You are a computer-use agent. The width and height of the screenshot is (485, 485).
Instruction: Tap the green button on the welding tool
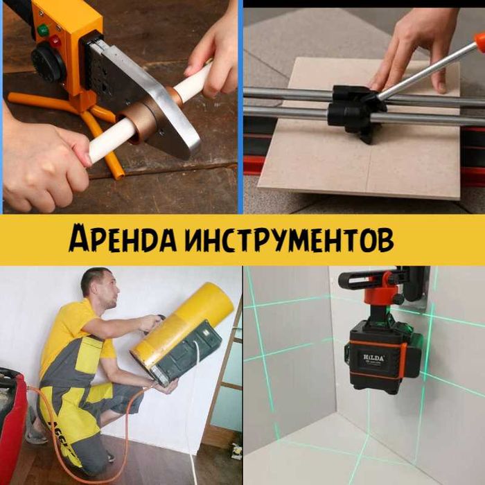point(43,30)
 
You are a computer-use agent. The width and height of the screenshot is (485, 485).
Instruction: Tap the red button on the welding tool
point(55,41)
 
